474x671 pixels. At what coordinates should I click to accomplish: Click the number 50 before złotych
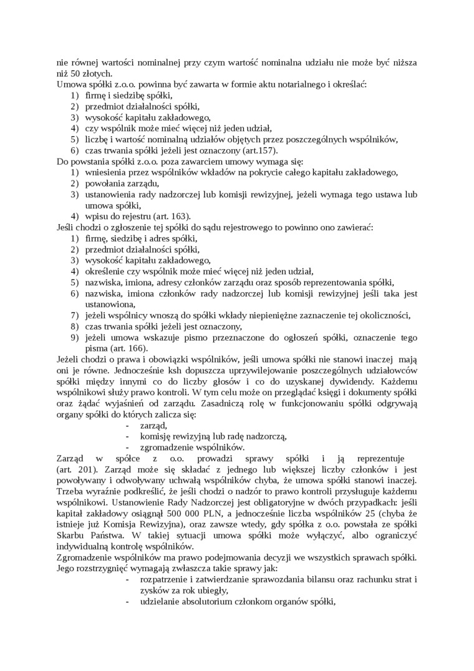point(75,73)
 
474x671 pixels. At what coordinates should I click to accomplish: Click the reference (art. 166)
point(128,348)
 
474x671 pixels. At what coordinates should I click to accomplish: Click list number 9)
point(75,337)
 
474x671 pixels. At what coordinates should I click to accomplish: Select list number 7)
point(75,315)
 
